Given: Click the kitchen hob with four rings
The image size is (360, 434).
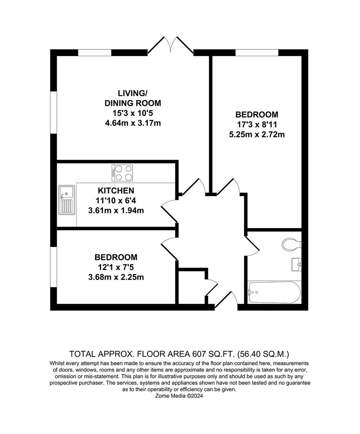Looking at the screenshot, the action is click(122, 173).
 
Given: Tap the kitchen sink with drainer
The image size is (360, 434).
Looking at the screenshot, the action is click(66, 200).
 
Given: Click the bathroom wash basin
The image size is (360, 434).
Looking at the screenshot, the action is click(297, 264).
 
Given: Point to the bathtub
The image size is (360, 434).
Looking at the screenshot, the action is click(274, 292).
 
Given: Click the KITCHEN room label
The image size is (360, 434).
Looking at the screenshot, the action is click(116, 190).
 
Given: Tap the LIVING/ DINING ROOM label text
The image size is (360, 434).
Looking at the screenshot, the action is click(133, 98).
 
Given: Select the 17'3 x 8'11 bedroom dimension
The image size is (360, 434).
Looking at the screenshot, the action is click(256, 125).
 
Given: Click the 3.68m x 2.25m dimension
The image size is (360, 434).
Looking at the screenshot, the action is click(116, 277).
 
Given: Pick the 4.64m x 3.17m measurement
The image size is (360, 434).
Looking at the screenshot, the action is click(133, 123).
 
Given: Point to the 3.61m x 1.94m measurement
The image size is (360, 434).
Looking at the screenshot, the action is click(116, 211).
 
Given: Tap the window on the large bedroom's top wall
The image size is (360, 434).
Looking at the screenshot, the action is click(257, 53).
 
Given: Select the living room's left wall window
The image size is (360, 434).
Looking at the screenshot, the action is click(53, 113).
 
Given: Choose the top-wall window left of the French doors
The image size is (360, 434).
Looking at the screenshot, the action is click(95, 53).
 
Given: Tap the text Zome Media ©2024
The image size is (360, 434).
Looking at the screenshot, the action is click(179, 396).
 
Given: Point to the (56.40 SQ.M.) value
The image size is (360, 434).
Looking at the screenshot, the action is click(264, 354).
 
